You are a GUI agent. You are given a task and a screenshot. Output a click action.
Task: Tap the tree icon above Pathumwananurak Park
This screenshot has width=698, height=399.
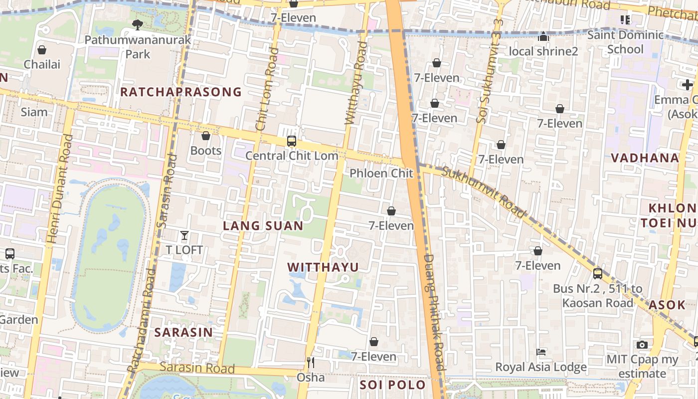click(138, 24)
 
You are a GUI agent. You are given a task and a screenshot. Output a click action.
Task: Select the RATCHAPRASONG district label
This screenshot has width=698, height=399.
click(181, 92)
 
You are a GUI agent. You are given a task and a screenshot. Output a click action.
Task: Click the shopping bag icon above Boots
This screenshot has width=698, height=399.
click(206, 136)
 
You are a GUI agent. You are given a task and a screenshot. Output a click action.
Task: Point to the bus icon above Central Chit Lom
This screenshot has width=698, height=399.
click(292, 141)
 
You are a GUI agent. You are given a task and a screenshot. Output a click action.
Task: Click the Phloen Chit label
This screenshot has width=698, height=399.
click(381, 173)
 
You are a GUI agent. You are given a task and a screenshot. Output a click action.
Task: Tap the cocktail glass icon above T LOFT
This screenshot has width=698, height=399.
click(184, 235)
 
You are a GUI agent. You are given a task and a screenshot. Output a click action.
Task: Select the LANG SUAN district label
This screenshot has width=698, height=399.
click(263, 226)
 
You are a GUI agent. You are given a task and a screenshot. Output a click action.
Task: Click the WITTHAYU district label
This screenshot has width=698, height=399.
click(323, 267)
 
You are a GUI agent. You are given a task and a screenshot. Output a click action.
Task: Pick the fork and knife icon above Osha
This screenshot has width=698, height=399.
click(311, 362)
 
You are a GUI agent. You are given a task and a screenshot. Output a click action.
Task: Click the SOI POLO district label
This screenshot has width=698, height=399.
click(393, 385)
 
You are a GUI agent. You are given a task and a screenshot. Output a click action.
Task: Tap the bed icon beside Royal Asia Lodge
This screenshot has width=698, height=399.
click(541, 352)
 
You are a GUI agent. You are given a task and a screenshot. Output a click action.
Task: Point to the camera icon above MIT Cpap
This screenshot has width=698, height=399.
click(642, 345)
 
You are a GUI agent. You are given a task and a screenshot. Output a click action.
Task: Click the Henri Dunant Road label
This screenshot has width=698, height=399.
click(59, 190)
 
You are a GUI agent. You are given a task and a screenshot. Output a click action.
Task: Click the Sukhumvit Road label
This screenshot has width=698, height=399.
click(484, 193)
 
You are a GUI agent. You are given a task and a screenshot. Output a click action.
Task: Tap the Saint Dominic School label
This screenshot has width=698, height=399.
click(625, 42)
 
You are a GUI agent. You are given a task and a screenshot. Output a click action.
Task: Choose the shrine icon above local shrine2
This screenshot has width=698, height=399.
click(543, 36)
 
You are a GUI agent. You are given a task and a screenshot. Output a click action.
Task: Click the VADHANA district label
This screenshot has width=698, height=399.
click(645, 158)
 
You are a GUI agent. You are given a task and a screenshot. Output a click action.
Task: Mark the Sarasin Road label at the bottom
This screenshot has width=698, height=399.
click(197, 368)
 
